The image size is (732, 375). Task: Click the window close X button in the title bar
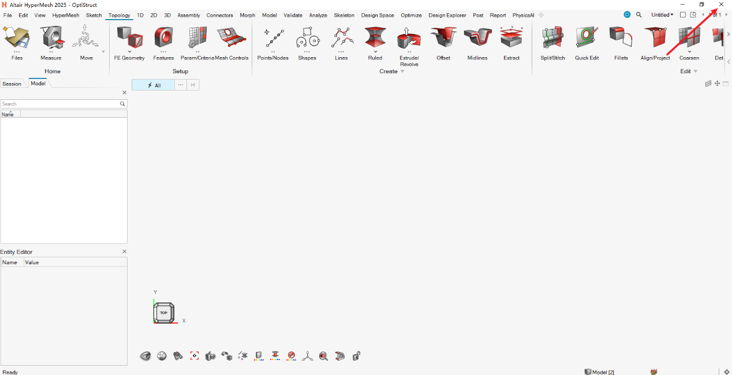point(721,5)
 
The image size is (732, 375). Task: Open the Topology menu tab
point(119,16)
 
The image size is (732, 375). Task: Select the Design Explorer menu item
point(447,16)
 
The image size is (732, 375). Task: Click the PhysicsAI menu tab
point(523,16)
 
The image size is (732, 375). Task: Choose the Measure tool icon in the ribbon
point(51,37)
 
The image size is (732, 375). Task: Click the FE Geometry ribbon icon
point(130,37)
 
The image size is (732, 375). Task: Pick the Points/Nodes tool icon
point(274,38)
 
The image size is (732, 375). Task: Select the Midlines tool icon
point(477,37)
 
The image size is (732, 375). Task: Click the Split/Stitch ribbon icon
point(552,37)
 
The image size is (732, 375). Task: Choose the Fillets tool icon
point(621,37)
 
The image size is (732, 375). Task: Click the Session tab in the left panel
point(12,84)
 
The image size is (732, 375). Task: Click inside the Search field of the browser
point(60,104)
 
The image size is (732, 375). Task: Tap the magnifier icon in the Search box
point(122,104)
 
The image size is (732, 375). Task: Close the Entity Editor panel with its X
point(124,252)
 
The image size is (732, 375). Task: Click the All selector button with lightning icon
point(153,85)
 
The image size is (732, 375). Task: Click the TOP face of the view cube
point(164,313)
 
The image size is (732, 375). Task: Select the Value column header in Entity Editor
point(32,262)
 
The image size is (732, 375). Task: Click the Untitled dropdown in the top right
point(662,15)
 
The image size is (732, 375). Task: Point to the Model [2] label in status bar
point(603,372)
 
